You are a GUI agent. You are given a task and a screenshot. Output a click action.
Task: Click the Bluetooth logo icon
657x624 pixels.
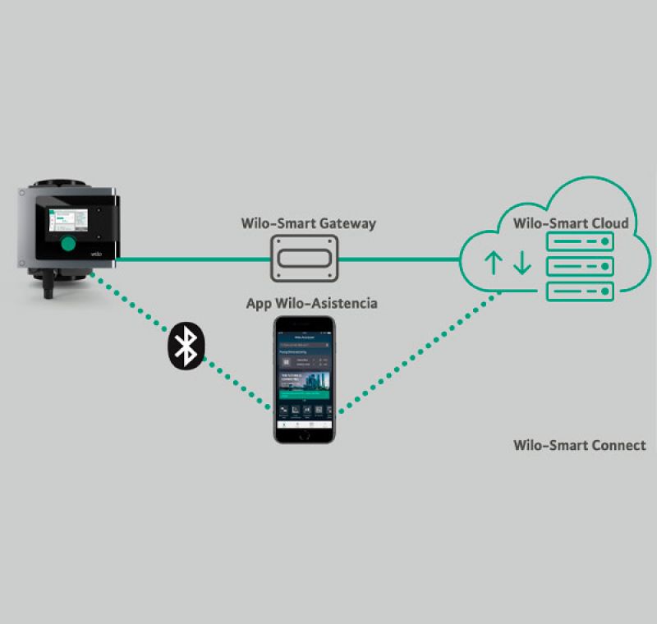pos(186,345)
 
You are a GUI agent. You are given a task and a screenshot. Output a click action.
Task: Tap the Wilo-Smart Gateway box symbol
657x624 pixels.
pos(305,259)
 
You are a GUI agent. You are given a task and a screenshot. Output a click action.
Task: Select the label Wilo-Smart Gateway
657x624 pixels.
pos(308,223)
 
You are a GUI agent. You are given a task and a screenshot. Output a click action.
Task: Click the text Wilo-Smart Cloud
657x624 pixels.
pos(571,223)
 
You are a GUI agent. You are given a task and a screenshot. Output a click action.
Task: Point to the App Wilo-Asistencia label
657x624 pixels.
pos(312,304)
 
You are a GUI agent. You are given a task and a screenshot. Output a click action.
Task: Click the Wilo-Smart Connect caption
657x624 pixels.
pos(579,445)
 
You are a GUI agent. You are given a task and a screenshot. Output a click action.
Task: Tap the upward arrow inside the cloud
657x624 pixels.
pos(493,263)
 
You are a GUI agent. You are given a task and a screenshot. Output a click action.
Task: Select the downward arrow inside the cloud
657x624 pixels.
pos(522,263)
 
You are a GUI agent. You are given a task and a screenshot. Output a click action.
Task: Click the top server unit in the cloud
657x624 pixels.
pos(581,241)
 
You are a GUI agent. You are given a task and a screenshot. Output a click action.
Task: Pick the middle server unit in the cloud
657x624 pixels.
pos(581,267)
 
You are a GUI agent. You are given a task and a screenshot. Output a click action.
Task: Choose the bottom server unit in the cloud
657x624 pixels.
pos(581,291)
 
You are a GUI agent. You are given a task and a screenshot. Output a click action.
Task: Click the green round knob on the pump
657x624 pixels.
pos(67,244)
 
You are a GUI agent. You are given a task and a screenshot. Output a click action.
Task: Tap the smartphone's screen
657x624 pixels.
pos(305,374)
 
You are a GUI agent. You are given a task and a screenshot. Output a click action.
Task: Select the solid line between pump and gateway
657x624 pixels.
pos(193,260)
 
